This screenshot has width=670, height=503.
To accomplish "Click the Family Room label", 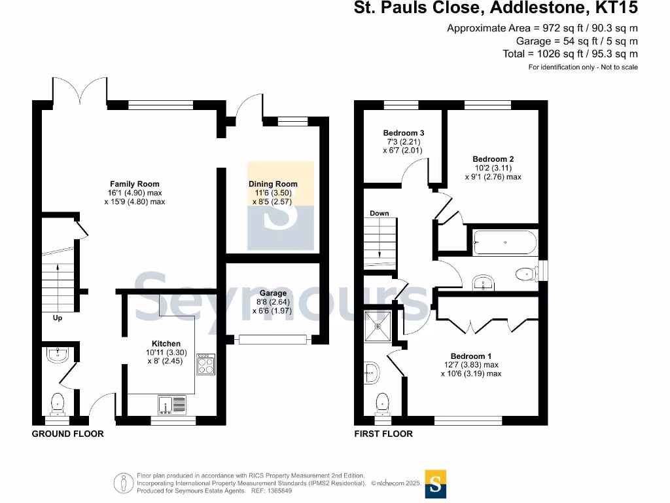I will [x=134, y=184].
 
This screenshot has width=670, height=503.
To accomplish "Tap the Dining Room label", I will [x=273, y=184].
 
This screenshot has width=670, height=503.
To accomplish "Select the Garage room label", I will [x=273, y=293].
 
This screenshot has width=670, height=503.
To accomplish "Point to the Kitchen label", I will [x=166, y=343].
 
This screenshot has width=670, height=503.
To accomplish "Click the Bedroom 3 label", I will [x=404, y=133].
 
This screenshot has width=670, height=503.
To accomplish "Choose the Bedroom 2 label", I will [x=493, y=159].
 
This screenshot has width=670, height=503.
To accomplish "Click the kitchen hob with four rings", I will [x=205, y=364].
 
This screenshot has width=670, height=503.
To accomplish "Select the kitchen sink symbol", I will [x=173, y=404].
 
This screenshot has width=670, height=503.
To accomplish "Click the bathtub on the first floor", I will [x=504, y=243].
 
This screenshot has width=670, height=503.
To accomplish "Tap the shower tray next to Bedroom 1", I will [x=378, y=326].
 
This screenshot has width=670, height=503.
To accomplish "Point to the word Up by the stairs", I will [x=58, y=318].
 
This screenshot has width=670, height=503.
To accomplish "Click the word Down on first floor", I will [x=379, y=214].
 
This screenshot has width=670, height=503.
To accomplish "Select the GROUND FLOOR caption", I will [x=68, y=434].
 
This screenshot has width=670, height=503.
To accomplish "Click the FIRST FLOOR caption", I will [x=383, y=434].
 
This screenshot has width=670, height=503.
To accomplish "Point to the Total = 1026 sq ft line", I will [x=570, y=54].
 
